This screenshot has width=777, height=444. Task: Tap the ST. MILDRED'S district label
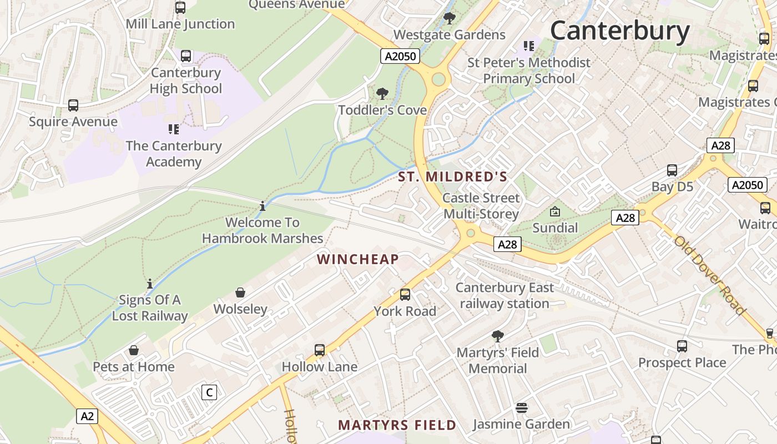click(x=453, y=177)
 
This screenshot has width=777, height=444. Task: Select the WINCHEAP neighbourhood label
click(x=358, y=259)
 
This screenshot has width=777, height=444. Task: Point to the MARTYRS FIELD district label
click(x=397, y=425)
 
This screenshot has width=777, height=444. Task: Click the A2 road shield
click(x=87, y=416)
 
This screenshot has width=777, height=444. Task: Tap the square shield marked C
click(x=209, y=392)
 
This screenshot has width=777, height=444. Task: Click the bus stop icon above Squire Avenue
click(x=73, y=105)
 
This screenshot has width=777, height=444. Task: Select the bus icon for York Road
click(x=405, y=295)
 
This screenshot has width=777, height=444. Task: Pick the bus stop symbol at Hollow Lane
click(x=320, y=350)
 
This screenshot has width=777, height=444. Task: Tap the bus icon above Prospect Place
click(x=682, y=346)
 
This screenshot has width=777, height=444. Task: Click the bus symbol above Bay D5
click(x=672, y=170)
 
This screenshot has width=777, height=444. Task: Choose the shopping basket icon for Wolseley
click(x=240, y=292)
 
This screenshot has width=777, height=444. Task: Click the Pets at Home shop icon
click(x=134, y=350)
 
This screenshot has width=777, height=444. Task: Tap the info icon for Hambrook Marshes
click(x=263, y=206)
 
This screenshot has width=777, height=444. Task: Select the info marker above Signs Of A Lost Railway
click(x=149, y=284)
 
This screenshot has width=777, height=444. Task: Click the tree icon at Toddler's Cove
click(x=382, y=93)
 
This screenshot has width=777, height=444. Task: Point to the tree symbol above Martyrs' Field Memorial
click(x=498, y=336)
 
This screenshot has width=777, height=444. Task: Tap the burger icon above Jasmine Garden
click(x=521, y=408)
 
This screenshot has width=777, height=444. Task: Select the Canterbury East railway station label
click(x=504, y=295)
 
